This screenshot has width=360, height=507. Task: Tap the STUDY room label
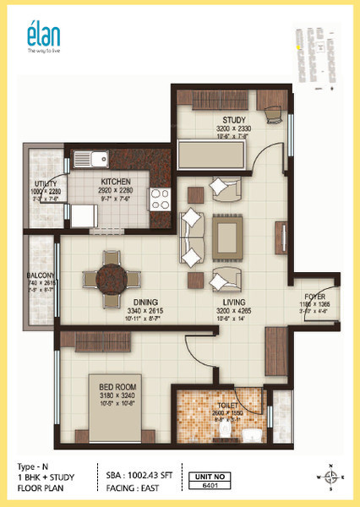(234, 120)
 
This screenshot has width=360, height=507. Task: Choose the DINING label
(147, 302)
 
